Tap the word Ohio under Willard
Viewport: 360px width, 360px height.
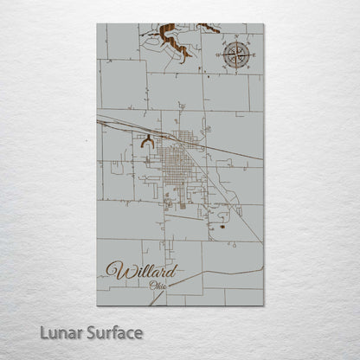pos(160,285)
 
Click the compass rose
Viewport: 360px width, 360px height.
pos(235,55)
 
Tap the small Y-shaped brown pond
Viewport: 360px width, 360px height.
pos(148,138)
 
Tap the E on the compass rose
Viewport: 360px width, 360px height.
pos(252,55)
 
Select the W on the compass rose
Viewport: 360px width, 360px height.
pos(217,55)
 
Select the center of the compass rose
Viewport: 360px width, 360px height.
pos(235,55)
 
